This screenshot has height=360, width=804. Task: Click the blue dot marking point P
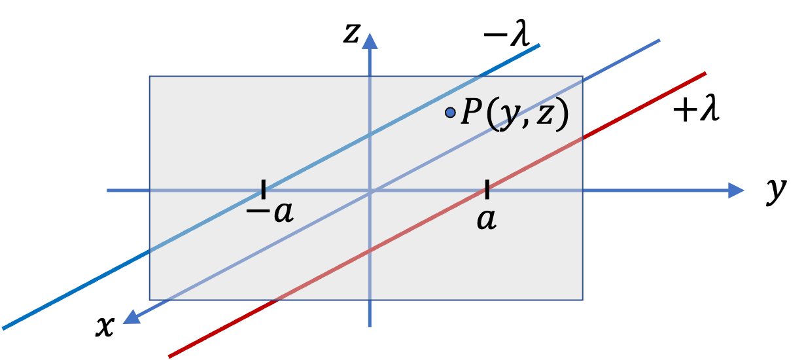(x=450, y=113)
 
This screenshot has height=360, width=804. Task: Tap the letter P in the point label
(x=471, y=111)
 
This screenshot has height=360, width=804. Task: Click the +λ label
(x=696, y=109)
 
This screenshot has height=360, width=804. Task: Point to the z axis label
(x=351, y=33)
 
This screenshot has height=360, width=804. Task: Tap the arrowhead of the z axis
(x=370, y=41)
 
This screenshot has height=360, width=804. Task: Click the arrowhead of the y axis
(x=736, y=190)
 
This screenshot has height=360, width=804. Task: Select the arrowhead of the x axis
(x=131, y=317)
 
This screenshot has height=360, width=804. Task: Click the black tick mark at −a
(x=264, y=189)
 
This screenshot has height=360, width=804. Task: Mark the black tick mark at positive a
(x=487, y=189)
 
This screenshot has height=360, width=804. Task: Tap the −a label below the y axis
(x=270, y=212)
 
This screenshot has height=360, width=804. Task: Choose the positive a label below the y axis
(x=487, y=219)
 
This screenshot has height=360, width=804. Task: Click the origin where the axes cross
(x=370, y=190)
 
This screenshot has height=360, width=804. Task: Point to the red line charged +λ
(x=437, y=215)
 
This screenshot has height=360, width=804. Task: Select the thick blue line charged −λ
(x=271, y=187)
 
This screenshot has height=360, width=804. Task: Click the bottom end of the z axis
(x=370, y=327)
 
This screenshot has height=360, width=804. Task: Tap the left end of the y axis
(x=107, y=190)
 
